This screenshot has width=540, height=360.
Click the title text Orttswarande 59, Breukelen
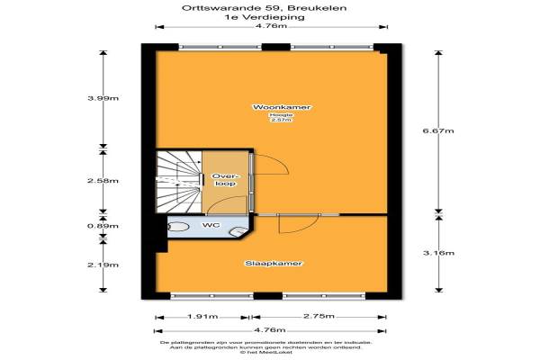click(270, 8)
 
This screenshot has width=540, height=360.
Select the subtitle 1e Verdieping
click(270, 17)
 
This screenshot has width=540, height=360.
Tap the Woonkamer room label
click(274, 107)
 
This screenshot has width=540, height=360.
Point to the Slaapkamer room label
click(274, 264)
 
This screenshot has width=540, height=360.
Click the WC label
click(211, 225)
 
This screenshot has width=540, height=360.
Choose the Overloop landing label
click(224, 178)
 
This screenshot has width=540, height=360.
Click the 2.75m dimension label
click(321, 317)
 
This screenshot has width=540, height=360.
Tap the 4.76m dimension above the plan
click(271, 26)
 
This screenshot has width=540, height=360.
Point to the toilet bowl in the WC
click(178, 227)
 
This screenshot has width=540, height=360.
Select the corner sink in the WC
click(239, 233)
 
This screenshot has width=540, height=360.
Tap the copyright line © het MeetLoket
click(270, 354)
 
